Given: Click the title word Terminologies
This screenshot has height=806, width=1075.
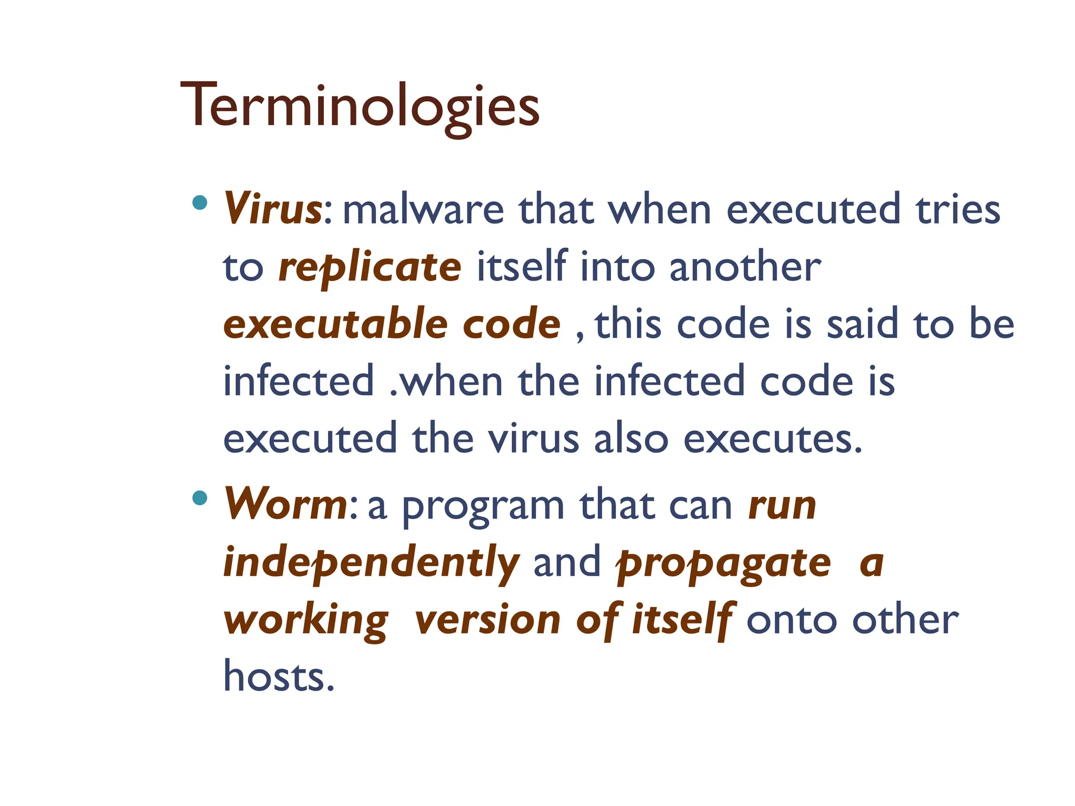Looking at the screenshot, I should (360, 107).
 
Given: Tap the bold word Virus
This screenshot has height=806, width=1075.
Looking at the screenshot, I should (272, 209).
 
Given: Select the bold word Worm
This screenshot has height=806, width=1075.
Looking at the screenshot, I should (286, 504).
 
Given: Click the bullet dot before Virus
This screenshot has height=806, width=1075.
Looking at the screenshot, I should (199, 203).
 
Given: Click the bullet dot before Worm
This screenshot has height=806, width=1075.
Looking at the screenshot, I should (199, 497).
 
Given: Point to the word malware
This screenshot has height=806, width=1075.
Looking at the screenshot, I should (423, 210).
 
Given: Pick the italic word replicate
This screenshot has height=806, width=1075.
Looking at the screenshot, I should (370, 268).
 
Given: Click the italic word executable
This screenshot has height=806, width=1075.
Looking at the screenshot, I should (335, 324).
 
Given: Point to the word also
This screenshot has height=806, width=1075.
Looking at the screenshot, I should (630, 439).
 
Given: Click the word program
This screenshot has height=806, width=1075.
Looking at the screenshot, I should (483, 507).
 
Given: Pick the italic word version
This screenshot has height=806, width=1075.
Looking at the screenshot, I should (488, 620).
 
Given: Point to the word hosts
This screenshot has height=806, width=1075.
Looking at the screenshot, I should (278, 677).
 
